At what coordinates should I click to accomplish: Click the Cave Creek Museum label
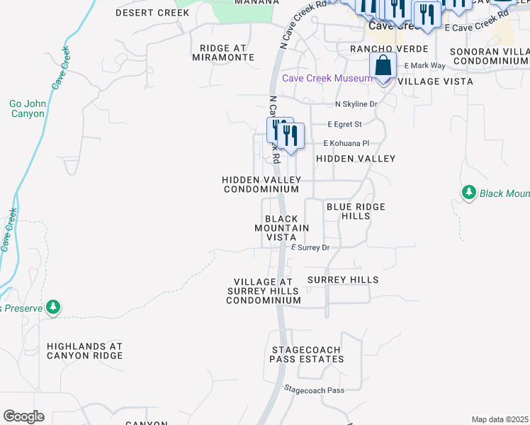coord(327,78)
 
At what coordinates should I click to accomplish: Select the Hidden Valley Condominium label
coord(261,185)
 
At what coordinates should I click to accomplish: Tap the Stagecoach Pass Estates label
coord(306,355)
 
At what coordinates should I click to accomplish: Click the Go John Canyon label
coord(27,108)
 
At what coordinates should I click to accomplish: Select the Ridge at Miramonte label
coord(222,52)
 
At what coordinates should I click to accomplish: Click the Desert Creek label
coord(143,13)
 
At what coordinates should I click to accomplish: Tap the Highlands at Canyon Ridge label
coord(84,351)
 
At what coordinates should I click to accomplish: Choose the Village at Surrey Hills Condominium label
coord(264,291)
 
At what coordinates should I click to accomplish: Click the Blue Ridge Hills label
coord(356,211)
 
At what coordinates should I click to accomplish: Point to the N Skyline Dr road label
coord(356,104)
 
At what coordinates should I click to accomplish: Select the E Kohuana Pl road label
coord(347,142)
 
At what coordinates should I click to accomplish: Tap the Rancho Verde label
coord(389,49)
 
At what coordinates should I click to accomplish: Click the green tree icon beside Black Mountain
coord(468,193)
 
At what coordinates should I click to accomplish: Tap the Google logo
coord(23,416)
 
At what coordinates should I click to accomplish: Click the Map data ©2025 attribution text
coord(500,419)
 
